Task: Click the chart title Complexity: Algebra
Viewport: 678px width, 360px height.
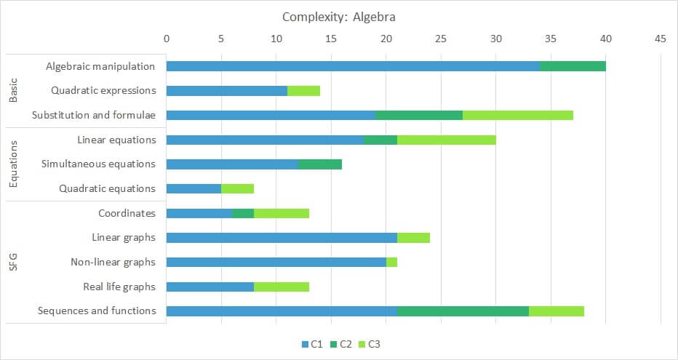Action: (339, 16)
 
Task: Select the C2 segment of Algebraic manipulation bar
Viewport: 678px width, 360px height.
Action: (573, 66)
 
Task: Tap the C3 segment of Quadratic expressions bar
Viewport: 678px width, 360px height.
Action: (303, 91)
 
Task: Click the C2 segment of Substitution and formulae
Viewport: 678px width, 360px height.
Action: (419, 115)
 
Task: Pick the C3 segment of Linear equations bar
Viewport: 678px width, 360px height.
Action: (446, 140)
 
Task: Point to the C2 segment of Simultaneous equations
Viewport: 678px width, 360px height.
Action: (320, 164)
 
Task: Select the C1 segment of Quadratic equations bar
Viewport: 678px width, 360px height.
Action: (194, 188)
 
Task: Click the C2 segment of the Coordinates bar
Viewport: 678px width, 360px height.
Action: (243, 213)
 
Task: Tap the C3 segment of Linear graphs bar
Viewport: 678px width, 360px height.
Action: (413, 237)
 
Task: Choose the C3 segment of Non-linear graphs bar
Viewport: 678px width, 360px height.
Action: (391, 262)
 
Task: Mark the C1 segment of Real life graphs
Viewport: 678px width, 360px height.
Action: (210, 287)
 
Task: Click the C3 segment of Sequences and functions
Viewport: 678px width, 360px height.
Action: (556, 311)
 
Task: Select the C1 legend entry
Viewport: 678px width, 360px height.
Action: (311, 344)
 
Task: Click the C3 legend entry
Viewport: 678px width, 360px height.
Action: (368, 344)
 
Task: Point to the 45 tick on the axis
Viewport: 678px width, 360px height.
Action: (660, 39)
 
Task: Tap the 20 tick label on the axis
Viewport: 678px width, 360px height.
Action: (386, 39)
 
